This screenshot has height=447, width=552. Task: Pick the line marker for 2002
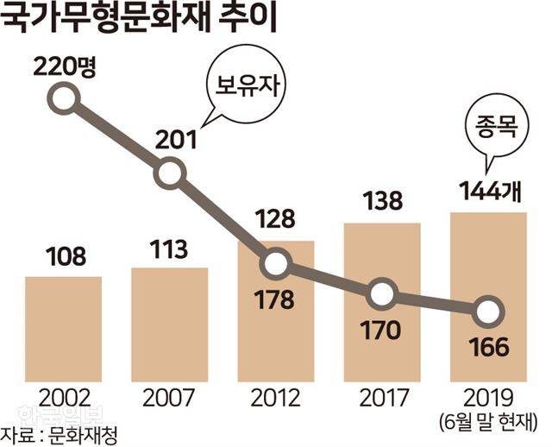click(x=63, y=101)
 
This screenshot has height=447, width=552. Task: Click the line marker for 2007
click(x=170, y=174)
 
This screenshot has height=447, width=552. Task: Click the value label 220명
click(x=63, y=66)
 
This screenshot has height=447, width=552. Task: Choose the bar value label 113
click(x=169, y=249)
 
